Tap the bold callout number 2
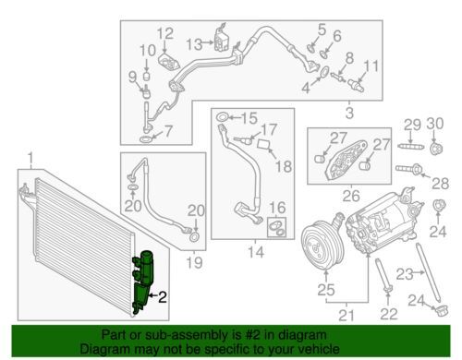point(163,297)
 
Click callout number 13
point(194,44)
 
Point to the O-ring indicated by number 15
point(223,117)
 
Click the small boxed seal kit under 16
point(276,227)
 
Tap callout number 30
point(435,124)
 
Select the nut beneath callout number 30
point(436,149)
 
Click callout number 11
point(371,66)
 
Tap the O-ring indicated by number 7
point(146,139)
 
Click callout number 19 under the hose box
point(194,263)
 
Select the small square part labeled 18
point(263,144)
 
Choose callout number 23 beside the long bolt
point(405,274)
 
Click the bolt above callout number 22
point(383,274)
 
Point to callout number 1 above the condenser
point(30,160)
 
